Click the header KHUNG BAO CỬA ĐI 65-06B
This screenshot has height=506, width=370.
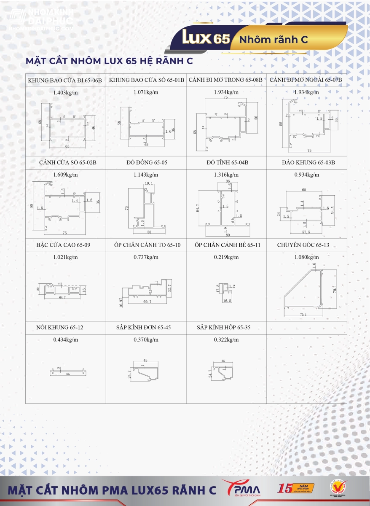click(x=65, y=80)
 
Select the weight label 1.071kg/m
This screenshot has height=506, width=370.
click(x=146, y=92)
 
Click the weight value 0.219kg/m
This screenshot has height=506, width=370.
click(x=226, y=257)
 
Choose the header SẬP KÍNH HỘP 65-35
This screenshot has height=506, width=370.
click(x=223, y=327)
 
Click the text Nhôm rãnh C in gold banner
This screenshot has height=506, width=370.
click(x=273, y=40)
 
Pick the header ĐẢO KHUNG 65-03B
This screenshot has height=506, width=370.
click(x=306, y=162)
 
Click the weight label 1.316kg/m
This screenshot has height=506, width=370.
click(x=226, y=175)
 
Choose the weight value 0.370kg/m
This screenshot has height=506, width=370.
click(x=146, y=339)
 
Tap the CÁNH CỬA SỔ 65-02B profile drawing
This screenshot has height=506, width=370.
click(x=65, y=207)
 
